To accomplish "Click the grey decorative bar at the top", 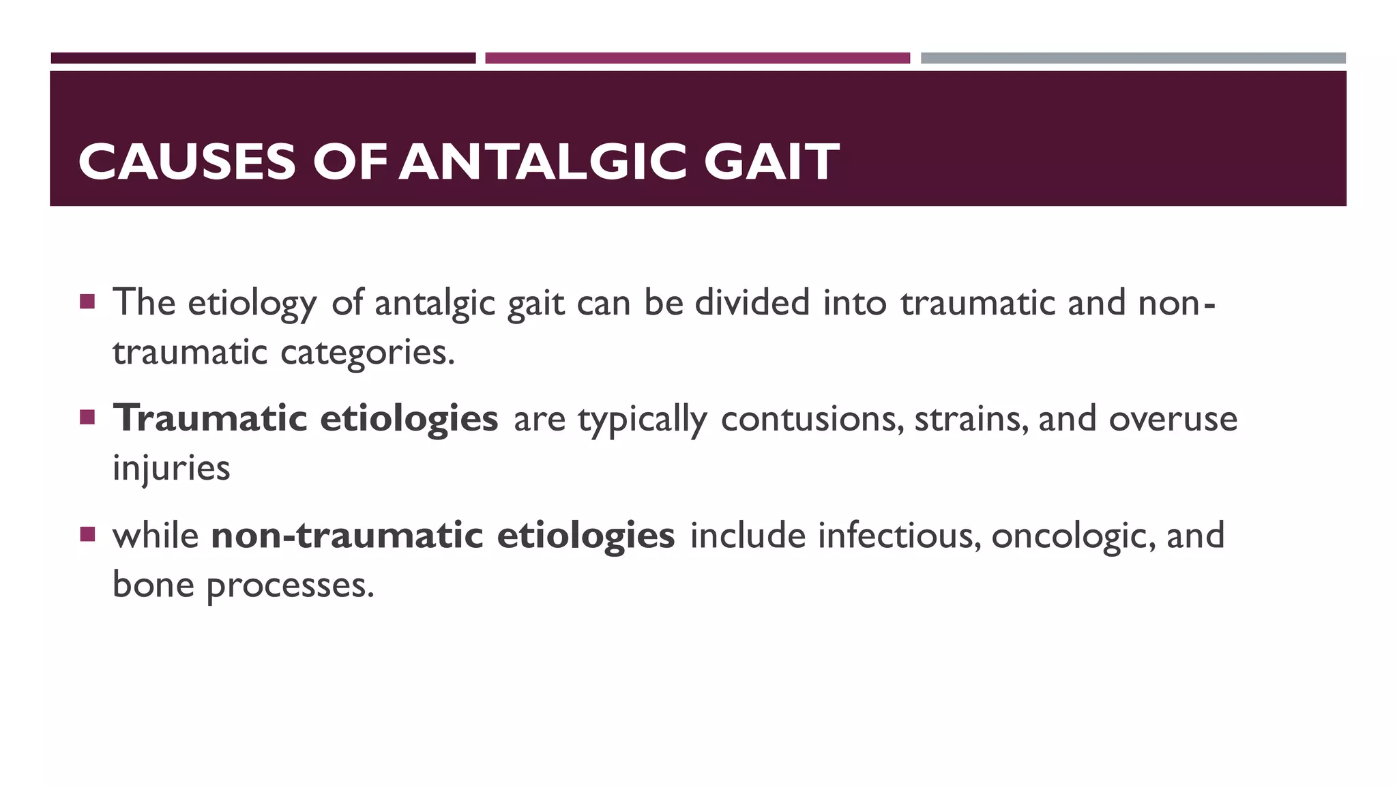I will coord(1133,58).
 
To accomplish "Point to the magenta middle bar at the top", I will coord(697,58).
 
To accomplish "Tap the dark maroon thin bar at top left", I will coord(263,58).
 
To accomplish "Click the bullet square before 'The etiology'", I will coord(87,302).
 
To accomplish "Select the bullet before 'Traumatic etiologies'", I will coord(87,417).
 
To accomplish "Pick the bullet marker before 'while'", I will coord(87,534).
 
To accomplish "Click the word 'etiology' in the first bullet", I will coord(252,304).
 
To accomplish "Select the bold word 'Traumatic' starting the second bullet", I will coord(209,418).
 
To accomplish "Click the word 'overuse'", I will coord(1173,419).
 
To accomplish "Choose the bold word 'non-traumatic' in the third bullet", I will coord(347,535).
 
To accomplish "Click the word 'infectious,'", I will coord(900,535).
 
